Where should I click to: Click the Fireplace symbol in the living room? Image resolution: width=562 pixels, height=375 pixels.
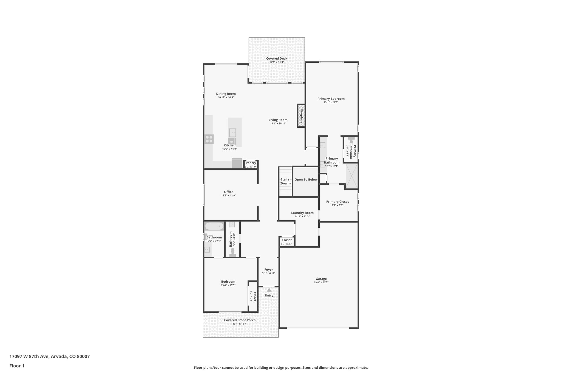click(x=301, y=116)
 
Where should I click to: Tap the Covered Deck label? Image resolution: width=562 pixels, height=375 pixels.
click(x=277, y=59)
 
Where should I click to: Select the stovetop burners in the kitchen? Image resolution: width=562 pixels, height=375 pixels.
click(x=209, y=139)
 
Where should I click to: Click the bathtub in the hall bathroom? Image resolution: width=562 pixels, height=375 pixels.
click(x=214, y=226)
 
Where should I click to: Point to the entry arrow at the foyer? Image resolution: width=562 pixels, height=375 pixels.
click(x=269, y=290)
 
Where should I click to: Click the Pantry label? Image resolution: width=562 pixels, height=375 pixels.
click(x=251, y=163)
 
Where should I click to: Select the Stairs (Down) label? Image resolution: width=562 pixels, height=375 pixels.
click(x=285, y=181)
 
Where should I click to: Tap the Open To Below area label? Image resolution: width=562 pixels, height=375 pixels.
click(x=306, y=180)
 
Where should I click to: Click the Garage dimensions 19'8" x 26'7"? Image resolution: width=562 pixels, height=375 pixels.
click(x=321, y=282)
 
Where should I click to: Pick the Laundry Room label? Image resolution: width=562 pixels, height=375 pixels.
click(x=302, y=213)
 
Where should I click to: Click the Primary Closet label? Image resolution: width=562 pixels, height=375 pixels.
click(x=337, y=202)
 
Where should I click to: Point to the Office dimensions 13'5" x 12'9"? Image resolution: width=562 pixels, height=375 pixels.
click(x=228, y=196)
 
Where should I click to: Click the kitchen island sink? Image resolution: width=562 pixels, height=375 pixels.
click(x=232, y=133)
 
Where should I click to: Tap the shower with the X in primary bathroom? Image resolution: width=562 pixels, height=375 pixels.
click(x=352, y=176)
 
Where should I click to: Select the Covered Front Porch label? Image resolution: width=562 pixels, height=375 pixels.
click(x=240, y=320)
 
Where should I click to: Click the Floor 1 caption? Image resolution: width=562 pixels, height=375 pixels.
click(x=17, y=366)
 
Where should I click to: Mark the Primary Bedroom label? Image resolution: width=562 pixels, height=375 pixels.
click(x=331, y=99)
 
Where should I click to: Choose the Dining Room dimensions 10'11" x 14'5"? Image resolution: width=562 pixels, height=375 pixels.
click(x=226, y=97)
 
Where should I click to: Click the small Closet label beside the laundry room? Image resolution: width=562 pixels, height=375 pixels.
click(x=287, y=240)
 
